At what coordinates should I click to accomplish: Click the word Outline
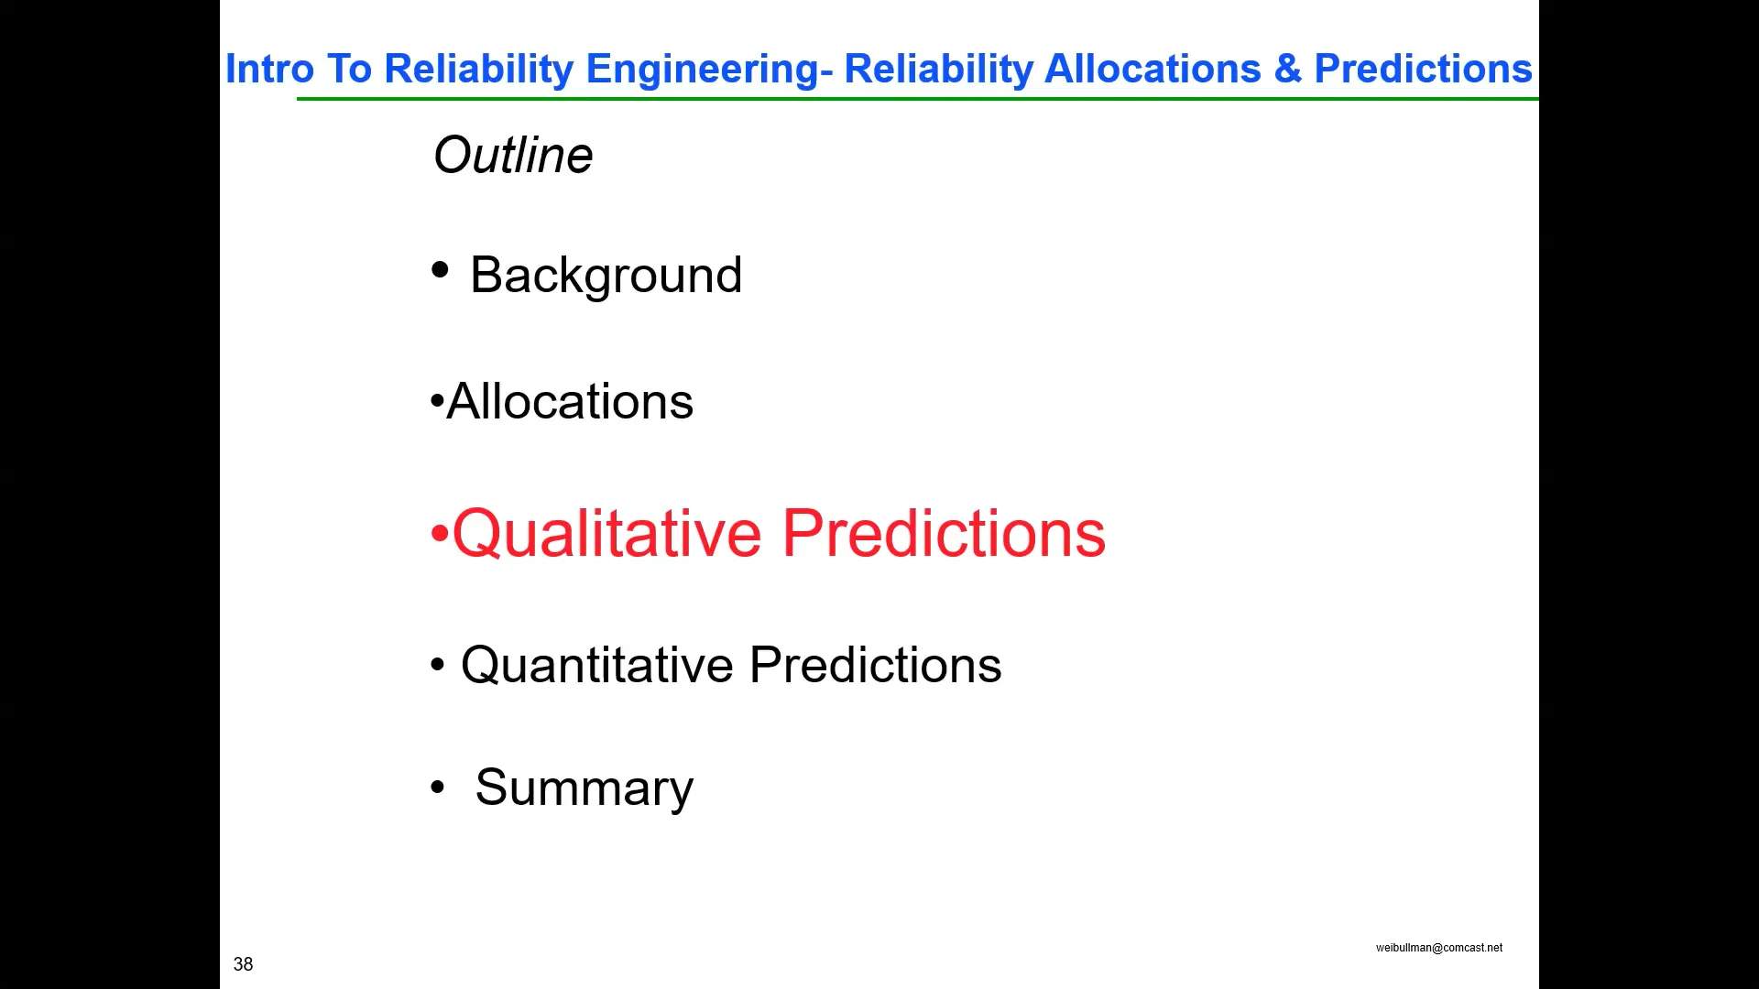pos(513,155)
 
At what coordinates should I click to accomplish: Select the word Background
pos(606,275)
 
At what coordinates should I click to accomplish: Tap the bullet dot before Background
pos(440,269)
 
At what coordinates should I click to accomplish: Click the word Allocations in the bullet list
pos(570,401)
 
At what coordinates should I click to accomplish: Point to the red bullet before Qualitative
pos(440,534)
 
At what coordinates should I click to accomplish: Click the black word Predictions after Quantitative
pos(875,665)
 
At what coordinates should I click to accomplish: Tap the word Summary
pos(584,788)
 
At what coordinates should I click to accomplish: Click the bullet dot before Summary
pos(437,788)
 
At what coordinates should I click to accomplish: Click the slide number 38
pos(243,964)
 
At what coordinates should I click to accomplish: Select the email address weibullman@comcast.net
pos(1438,948)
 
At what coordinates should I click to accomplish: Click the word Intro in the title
pos(269,70)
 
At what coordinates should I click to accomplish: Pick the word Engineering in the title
pos(703,70)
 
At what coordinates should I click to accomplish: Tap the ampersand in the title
pos(1287,70)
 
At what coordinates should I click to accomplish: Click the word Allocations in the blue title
pos(1153,70)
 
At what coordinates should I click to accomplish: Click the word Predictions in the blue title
pos(1423,70)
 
